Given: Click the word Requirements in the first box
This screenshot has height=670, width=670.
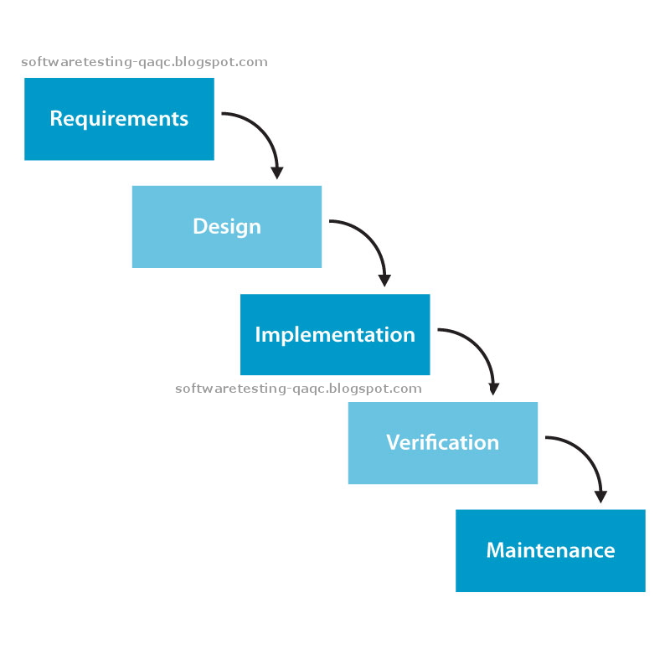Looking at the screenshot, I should coord(119,119).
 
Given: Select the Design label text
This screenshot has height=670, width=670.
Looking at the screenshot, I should coord(227,227).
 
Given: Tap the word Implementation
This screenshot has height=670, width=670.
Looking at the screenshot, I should coord(335,335).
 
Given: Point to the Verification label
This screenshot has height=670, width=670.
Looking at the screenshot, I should coord(442,442).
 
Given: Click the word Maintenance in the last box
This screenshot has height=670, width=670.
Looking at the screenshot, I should coord(550,550).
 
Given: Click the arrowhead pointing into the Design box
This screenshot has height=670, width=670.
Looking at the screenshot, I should coord(277,173).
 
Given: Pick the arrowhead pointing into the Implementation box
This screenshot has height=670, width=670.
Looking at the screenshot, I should coord(385,281).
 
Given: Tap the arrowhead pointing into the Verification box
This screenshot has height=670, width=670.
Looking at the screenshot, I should coord(493,389).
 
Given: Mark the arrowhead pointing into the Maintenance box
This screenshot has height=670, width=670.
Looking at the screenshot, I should coord(600,497).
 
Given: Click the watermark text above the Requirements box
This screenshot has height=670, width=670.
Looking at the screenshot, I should coord(144,62).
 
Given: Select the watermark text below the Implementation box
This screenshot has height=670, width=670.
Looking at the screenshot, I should coord(298,389).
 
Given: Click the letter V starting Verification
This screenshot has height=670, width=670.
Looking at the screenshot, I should coord(392,442).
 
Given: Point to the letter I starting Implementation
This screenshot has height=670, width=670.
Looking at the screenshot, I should coord(258,335).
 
